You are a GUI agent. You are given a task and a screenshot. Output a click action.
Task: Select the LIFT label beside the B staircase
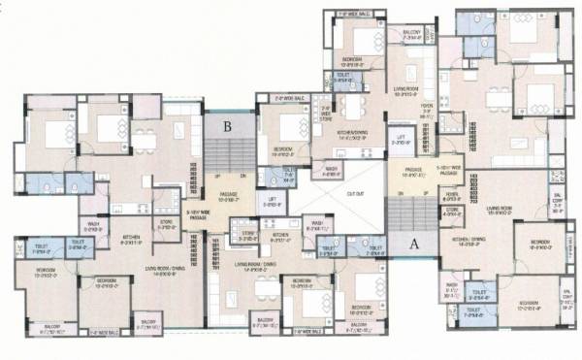(x=273, y=201)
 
